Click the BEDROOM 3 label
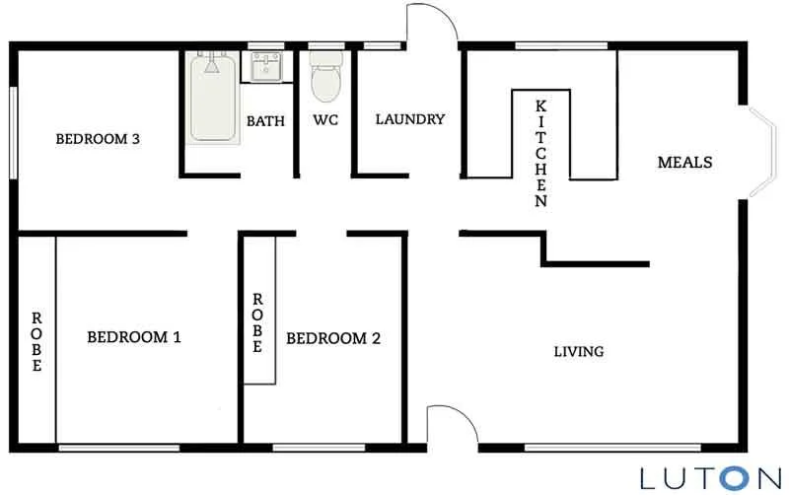[x=97, y=139]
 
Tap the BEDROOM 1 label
[x=134, y=337]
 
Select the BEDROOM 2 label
[x=333, y=338]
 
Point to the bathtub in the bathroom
[x=212, y=99]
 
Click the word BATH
[x=265, y=121]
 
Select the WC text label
[x=326, y=121]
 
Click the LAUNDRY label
[x=410, y=119]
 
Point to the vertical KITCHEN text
[x=540, y=153]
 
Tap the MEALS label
[x=684, y=162]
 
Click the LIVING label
[x=578, y=351]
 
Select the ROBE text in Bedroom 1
[x=37, y=342]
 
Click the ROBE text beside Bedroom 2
[x=257, y=323]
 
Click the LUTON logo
[x=708, y=477]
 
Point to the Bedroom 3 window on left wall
[x=13, y=133]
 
